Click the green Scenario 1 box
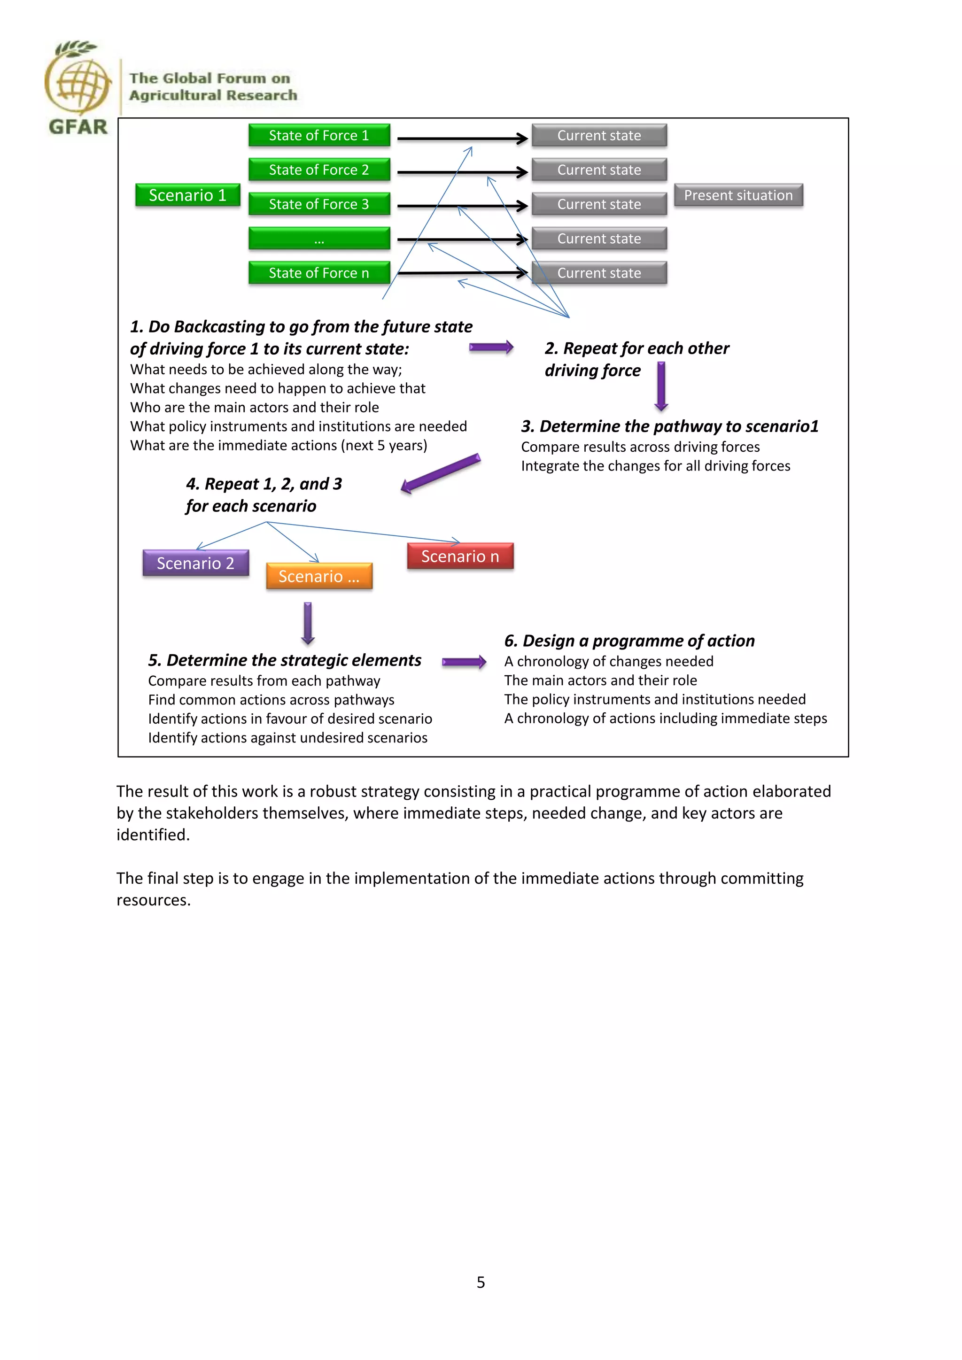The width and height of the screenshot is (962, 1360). click(x=187, y=195)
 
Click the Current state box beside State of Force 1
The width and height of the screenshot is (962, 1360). click(x=599, y=135)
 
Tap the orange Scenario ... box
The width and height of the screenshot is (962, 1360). click(x=319, y=576)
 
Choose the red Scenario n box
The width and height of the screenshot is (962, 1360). click(x=460, y=556)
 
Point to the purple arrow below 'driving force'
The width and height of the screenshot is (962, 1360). click(x=661, y=386)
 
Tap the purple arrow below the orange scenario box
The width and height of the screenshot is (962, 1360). click(x=308, y=623)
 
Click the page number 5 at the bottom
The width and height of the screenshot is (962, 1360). click(x=481, y=1283)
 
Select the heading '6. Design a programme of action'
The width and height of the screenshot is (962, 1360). click(x=629, y=641)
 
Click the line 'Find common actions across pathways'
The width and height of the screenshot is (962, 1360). click(x=271, y=700)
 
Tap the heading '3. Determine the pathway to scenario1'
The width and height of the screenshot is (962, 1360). click(x=669, y=426)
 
